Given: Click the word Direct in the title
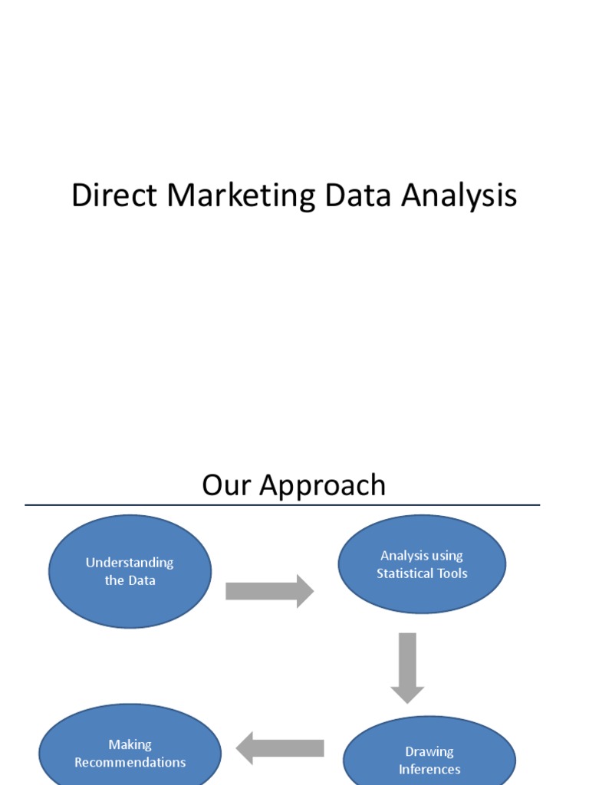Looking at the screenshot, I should coord(115,196).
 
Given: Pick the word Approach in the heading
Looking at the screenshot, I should coord(323,485).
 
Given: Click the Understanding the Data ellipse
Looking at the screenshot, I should coord(130,571).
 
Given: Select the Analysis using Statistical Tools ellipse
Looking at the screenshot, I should coord(422,564).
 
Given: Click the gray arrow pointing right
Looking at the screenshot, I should coord(269,591).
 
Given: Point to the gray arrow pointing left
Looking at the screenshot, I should coord(280,748).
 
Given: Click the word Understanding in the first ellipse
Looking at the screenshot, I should coord(130,563).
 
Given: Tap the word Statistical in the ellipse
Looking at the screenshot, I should coord(405,573).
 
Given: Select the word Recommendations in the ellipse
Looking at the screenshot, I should coord(130,762).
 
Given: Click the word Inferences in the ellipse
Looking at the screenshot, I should coord(429,769).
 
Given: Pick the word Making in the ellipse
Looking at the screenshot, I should coord(130,744).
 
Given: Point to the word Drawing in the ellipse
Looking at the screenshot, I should coord(429,751).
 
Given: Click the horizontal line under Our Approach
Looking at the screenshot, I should coord(282,505).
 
